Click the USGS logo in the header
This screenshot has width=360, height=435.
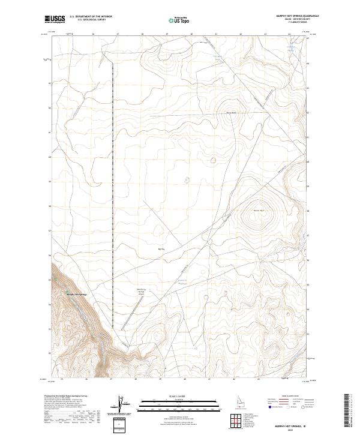click(55, 20)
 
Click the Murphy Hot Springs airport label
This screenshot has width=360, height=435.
click(139, 291)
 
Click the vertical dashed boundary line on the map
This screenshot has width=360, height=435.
click(112, 180)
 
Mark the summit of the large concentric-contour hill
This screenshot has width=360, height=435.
click(261, 211)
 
